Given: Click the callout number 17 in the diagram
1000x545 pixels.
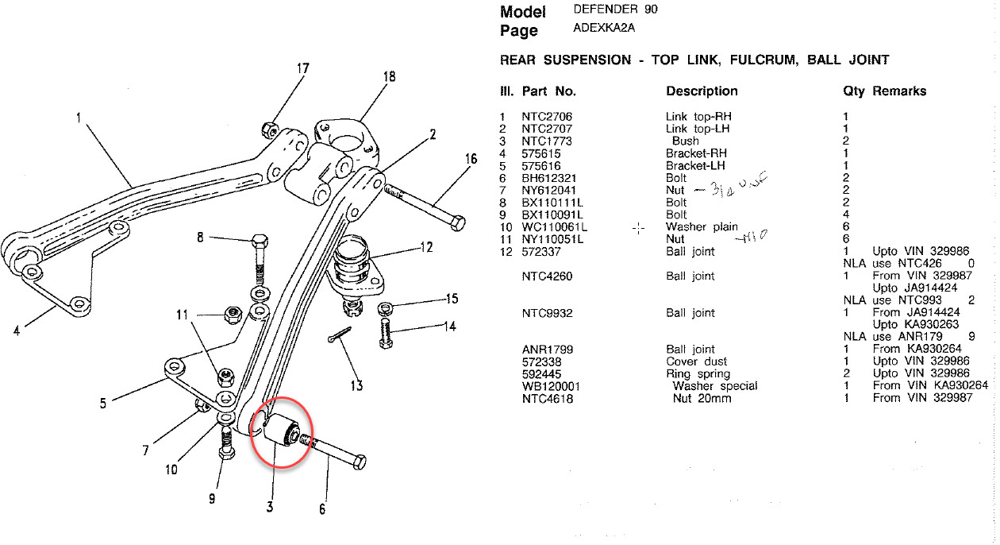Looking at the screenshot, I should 303,68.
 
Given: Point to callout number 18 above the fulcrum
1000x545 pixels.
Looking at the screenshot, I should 388,77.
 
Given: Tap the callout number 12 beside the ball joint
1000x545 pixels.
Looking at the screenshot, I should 426,247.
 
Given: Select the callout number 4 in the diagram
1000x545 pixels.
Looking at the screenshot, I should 17,330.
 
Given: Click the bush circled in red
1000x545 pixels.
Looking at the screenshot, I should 279,430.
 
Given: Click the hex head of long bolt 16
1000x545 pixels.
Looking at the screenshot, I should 456,222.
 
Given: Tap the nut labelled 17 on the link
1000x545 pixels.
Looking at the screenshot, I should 269,127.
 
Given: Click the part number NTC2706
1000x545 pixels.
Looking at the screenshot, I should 547,117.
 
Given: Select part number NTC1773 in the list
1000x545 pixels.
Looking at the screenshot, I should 547,141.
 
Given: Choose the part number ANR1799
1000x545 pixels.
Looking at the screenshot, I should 547,350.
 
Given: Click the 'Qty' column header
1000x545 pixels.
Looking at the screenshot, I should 854,91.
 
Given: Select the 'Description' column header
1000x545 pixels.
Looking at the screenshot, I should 702,91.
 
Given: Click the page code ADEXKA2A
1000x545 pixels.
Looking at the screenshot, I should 604,28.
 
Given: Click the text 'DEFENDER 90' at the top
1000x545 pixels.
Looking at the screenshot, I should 615,10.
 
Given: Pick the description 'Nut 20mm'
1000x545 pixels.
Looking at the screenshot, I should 698,398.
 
